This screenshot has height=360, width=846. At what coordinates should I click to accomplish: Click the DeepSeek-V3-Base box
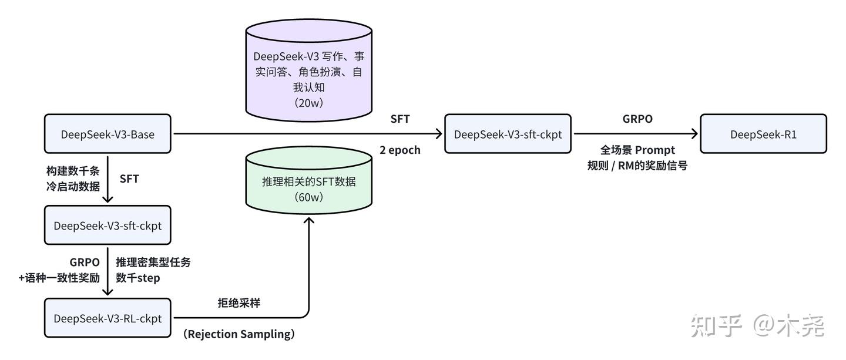[x=108, y=134]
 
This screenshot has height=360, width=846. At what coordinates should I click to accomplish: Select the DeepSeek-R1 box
[x=763, y=134]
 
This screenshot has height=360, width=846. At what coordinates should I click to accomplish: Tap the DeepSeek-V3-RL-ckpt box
[x=108, y=318]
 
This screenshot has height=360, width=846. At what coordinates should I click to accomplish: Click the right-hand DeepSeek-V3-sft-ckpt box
[x=508, y=134]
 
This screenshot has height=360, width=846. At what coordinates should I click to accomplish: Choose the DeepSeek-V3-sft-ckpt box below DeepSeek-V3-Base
[x=108, y=225]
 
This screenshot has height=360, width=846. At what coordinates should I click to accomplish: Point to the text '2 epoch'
[x=400, y=150]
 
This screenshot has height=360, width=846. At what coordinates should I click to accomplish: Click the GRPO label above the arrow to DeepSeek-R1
[x=637, y=119]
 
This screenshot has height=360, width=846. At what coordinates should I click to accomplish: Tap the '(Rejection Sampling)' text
[x=239, y=334]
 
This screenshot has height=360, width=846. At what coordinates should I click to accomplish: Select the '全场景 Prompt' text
[x=637, y=150]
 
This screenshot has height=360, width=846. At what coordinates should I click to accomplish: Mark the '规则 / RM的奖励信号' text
[x=637, y=165]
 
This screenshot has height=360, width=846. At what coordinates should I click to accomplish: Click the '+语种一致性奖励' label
[x=59, y=277]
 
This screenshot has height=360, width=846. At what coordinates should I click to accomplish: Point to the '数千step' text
[x=137, y=277]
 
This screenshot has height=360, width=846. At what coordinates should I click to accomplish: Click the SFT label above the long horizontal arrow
[x=400, y=119]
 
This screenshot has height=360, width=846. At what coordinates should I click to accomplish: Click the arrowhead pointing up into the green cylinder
[x=308, y=220]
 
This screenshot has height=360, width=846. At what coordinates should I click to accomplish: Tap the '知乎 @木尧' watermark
[x=757, y=325]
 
